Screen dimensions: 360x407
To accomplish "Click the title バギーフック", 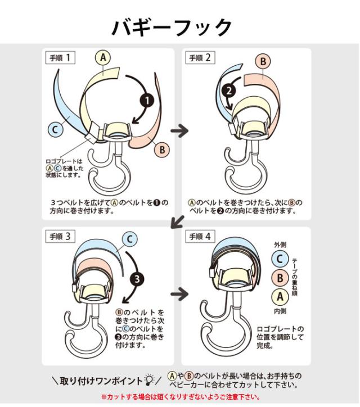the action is (172, 27).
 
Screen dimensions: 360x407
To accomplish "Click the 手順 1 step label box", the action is (60, 58).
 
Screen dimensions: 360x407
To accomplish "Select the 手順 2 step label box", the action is (200, 58).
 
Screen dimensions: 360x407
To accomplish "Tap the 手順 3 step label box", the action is (60, 237).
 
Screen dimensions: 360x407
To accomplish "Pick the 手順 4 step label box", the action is (200, 237).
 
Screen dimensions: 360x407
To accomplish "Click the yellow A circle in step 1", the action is (103, 57).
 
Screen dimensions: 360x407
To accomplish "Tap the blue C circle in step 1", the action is (55, 129).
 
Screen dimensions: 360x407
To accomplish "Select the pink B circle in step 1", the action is (162, 150).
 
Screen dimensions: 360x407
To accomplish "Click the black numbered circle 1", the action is (147, 101).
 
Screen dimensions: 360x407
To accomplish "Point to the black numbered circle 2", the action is (229, 91).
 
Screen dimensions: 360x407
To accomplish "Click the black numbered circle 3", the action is (137, 279).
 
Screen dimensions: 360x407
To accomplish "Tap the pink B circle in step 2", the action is (263, 61).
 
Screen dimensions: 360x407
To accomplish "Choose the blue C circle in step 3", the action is (129, 239).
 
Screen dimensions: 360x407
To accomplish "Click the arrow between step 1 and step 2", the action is (179, 130).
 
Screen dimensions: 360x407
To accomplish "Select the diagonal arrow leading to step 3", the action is (178, 221).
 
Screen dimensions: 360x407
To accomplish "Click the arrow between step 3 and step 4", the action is (179, 294).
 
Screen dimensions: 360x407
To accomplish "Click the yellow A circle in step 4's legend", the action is (280, 297).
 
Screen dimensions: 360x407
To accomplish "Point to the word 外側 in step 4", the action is (280, 245).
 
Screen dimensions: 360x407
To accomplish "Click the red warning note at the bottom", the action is (180, 397).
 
